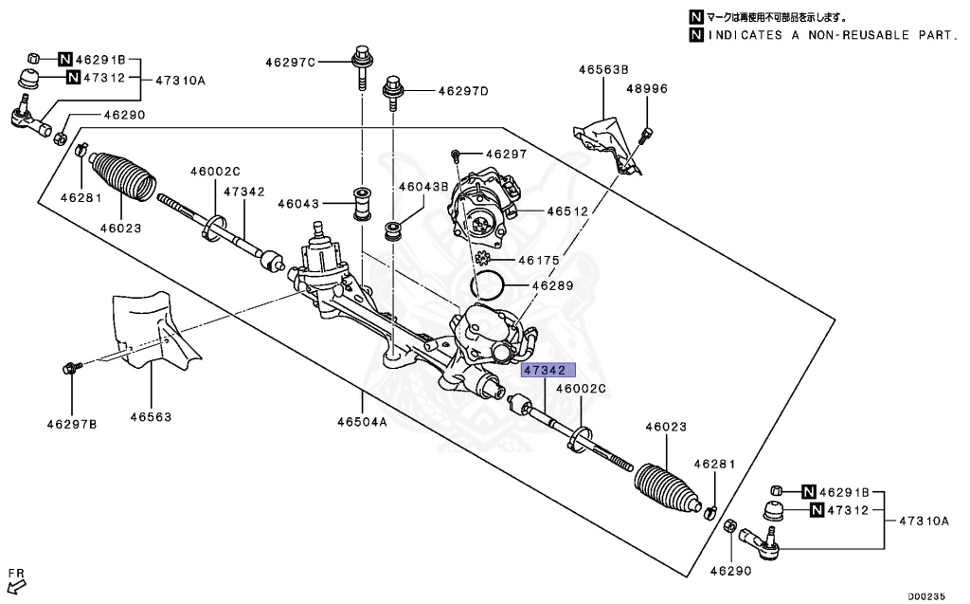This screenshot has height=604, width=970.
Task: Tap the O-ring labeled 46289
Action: tap(487, 284)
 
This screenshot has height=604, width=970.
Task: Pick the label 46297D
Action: tap(462, 91)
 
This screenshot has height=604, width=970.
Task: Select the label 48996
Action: tap(646, 88)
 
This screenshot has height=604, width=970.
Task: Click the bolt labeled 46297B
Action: tap(73, 367)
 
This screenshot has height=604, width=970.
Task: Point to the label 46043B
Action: tap(422, 187)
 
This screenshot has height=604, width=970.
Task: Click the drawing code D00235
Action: tap(925, 596)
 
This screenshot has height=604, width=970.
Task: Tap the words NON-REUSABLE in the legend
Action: tap(860, 35)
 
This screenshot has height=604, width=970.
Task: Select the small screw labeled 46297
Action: tap(457, 154)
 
